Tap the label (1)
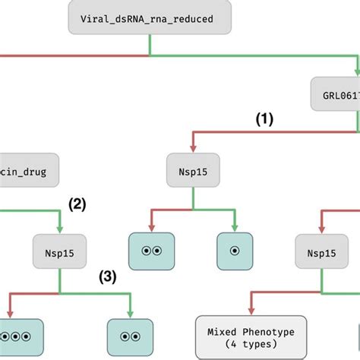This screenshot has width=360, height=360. point(264,119)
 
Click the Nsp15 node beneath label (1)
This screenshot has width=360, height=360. point(192,172)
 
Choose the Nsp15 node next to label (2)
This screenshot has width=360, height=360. point(59,249)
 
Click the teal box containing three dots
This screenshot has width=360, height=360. point(17,335)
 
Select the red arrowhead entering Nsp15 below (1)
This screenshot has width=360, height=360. point(192,150)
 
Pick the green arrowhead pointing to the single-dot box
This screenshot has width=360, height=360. point(234,227)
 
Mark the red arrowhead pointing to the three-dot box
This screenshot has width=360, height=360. point(11,312)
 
